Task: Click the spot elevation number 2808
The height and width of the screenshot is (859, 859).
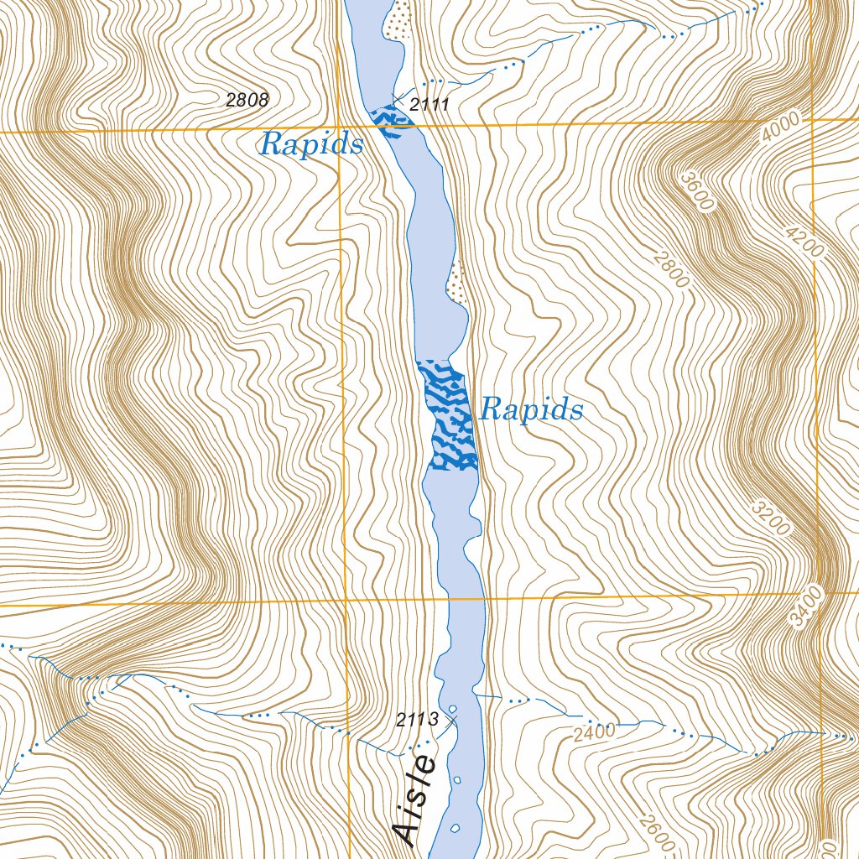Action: click(247, 101)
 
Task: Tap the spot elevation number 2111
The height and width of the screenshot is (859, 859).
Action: click(430, 105)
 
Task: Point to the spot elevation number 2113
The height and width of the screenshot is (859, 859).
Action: click(418, 719)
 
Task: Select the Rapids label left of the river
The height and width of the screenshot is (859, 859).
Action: click(311, 144)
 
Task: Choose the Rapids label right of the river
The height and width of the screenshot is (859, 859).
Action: click(531, 409)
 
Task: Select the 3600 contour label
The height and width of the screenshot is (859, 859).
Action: click(696, 191)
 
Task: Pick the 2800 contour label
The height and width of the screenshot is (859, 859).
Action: click(670, 268)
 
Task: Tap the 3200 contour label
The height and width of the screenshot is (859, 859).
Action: click(771, 518)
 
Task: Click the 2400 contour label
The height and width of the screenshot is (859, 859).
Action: click(595, 731)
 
